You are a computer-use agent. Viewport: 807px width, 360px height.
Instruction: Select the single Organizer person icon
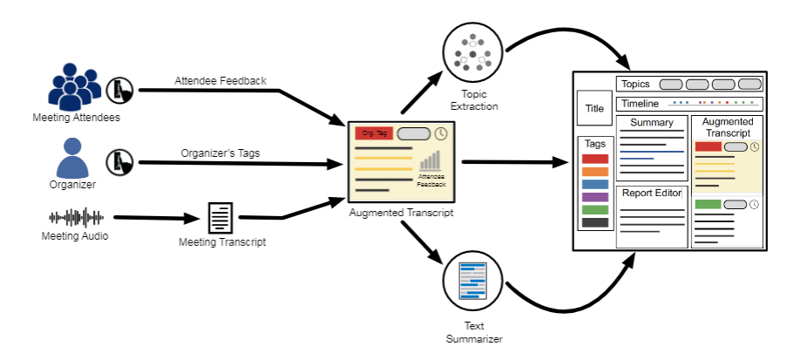[73, 160]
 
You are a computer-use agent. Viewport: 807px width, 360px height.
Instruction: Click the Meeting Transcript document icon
[220, 218]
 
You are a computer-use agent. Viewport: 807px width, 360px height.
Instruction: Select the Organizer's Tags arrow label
[221, 153]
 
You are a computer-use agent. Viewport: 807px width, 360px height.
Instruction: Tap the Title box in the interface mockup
[594, 109]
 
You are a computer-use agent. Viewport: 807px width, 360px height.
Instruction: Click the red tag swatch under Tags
[594, 159]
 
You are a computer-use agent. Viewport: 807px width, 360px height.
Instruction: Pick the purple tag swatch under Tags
[594, 197]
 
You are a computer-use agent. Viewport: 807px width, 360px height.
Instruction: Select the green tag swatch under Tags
[594, 210]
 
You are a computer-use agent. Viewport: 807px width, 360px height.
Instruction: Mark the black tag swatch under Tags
[594, 222]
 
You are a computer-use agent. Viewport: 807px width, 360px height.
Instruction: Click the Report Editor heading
[652, 193]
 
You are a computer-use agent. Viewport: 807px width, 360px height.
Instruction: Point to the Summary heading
[652, 123]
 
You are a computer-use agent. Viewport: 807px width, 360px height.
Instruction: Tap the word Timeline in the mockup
[640, 104]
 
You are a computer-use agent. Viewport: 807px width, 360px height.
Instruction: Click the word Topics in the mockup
[635, 84]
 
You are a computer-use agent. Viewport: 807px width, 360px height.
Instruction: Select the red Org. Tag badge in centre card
[375, 133]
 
